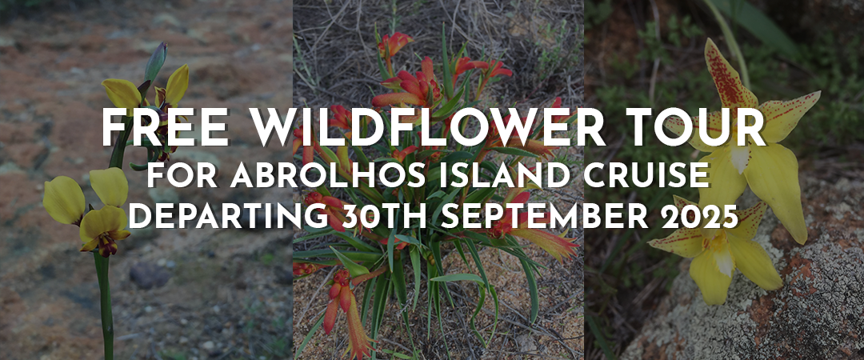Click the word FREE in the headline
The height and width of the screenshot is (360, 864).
165,128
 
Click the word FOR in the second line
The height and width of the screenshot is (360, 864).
181,176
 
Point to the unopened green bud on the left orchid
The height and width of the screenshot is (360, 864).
155,61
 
